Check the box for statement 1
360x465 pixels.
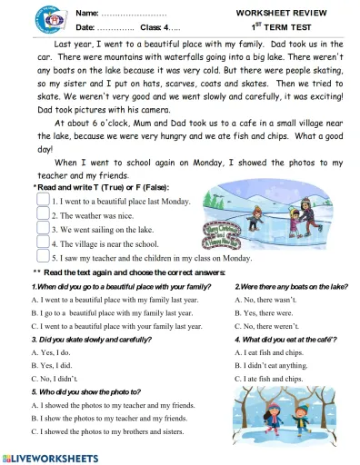43,200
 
